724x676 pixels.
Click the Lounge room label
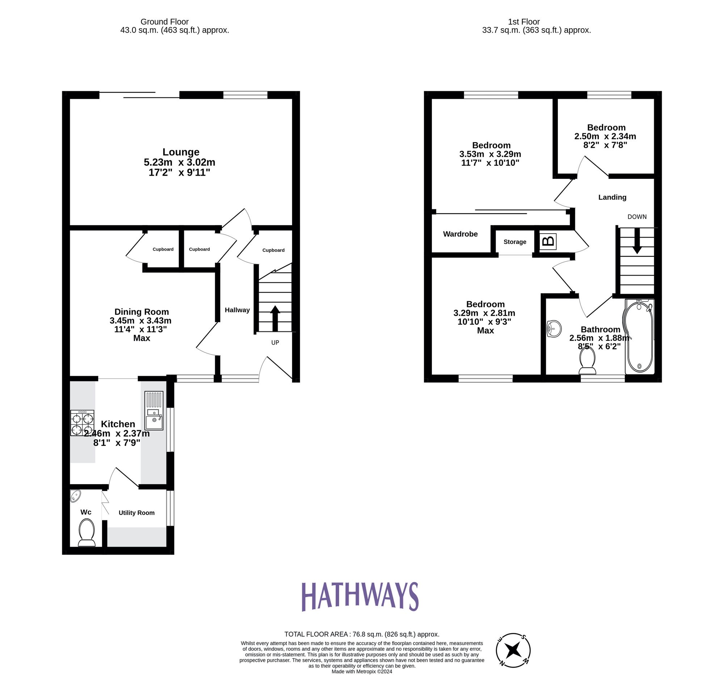pos(181,152)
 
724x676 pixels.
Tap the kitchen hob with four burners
pos(82,423)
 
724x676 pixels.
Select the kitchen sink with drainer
pos(154,411)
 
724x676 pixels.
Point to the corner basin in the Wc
pos(75,496)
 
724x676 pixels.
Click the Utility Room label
pos(136,513)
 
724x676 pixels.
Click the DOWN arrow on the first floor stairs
pos(637,241)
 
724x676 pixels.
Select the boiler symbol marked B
pos(548,242)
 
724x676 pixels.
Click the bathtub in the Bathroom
pos(639,337)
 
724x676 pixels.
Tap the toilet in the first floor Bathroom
pos(588,361)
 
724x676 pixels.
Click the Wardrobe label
pos(460,234)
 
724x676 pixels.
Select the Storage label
pos(515,242)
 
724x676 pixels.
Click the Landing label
pos(612,197)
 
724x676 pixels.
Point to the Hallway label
pos(237,310)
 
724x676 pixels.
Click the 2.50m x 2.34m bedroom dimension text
pos(605,137)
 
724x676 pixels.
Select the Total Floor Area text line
pos(362,634)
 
